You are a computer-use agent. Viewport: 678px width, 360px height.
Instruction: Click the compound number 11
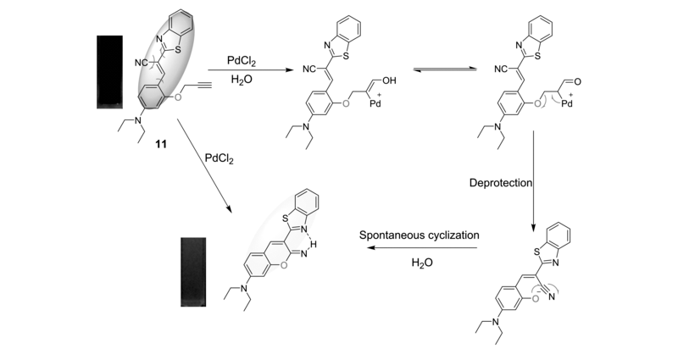[x=161, y=144]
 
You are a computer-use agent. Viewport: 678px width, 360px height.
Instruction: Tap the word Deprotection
[x=501, y=183]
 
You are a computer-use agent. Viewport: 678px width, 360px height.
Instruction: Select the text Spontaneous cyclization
[x=419, y=235]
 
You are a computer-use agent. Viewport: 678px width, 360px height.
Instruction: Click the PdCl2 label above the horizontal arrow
[x=242, y=61]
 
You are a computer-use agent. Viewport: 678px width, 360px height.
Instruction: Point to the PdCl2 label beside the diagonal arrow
[x=219, y=158]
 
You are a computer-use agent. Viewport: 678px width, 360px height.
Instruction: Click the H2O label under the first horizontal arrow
[x=242, y=80]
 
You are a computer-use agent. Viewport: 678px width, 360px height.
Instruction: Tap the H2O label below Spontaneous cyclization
[x=422, y=263]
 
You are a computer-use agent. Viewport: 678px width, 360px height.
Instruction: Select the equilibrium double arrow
[x=445, y=69]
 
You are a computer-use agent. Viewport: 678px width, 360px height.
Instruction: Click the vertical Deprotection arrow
[x=533, y=181]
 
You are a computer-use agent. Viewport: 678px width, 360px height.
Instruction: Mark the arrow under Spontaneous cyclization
[x=422, y=248]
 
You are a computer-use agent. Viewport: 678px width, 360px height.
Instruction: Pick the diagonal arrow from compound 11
[x=204, y=166]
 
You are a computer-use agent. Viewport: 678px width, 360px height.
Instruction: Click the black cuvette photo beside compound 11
[x=109, y=72]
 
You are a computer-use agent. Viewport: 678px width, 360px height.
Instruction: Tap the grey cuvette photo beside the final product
[x=193, y=271]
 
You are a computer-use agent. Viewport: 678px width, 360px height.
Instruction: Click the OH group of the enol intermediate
[x=389, y=80]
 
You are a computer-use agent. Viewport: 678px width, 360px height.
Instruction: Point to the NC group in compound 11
[x=142, y=63]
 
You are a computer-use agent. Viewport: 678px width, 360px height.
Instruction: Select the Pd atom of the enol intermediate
[x=375, y=103]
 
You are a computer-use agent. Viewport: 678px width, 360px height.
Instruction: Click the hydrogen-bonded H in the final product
[x=314, y=245]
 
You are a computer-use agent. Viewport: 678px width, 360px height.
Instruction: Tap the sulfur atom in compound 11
[x=178, y=50]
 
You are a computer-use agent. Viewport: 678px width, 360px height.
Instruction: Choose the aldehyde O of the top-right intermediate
[x=578, y=81]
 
